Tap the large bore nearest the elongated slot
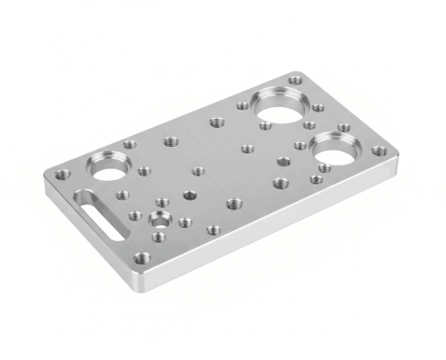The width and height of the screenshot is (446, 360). pos(108,167)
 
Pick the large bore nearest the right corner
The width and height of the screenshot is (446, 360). pos(333,148)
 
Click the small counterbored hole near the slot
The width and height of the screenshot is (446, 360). pos(160,220)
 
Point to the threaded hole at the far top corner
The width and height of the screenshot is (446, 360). pos(296,80)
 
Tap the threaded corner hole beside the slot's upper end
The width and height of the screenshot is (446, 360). pos(61,174)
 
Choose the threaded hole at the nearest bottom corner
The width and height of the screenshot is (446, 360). pos(140,258)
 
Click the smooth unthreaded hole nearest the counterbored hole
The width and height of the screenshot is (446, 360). pos(188,193)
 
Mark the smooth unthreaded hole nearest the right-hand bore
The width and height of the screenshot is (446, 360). pos(283,162)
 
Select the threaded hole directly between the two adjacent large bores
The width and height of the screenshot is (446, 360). pos(309,124)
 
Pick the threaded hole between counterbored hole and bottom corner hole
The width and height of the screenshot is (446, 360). pos(159,238)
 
